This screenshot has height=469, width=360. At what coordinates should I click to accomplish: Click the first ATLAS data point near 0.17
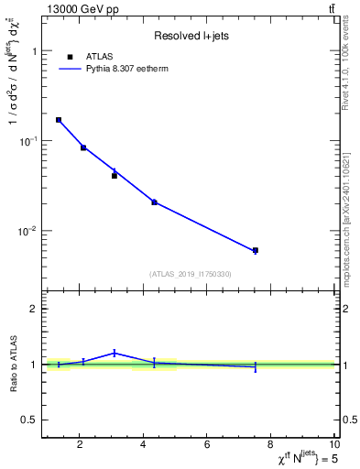coord(59,120)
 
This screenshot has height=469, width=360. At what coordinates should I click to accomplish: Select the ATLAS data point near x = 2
coord(83,147)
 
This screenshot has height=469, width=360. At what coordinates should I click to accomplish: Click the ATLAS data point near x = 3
coord(115,176)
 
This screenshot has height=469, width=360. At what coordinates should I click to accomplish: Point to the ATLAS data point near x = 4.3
coord(154,202)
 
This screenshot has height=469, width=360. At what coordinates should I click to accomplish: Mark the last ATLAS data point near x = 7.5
coord(256,250)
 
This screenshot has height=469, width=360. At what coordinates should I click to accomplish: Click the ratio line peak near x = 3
coord(115,353)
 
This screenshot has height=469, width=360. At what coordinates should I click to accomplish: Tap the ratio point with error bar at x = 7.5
coord(256,366)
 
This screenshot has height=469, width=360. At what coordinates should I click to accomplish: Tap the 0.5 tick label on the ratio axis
coord(30,420)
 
